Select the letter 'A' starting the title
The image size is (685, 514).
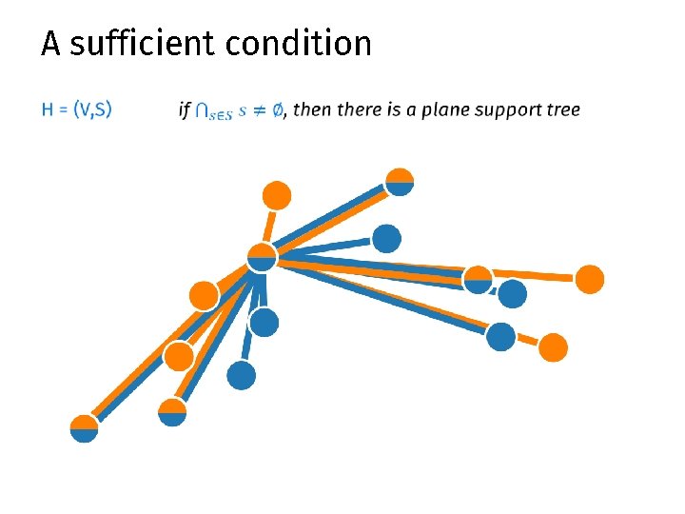50,44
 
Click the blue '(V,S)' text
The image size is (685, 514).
92,109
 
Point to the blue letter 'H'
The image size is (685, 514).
48,109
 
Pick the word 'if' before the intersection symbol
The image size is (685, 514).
184,109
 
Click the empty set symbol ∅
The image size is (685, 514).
276,110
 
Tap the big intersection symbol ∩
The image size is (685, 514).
203,110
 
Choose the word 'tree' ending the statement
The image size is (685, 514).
563,109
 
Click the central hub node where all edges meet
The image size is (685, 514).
261,257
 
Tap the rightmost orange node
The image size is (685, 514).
590,279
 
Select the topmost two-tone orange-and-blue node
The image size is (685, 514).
400,181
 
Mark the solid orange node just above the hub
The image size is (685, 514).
276,195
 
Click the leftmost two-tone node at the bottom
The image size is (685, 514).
84,429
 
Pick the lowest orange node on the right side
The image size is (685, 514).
553,347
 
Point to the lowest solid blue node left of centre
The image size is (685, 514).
242,376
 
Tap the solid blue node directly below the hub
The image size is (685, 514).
264,323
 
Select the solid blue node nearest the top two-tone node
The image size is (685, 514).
386,238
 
